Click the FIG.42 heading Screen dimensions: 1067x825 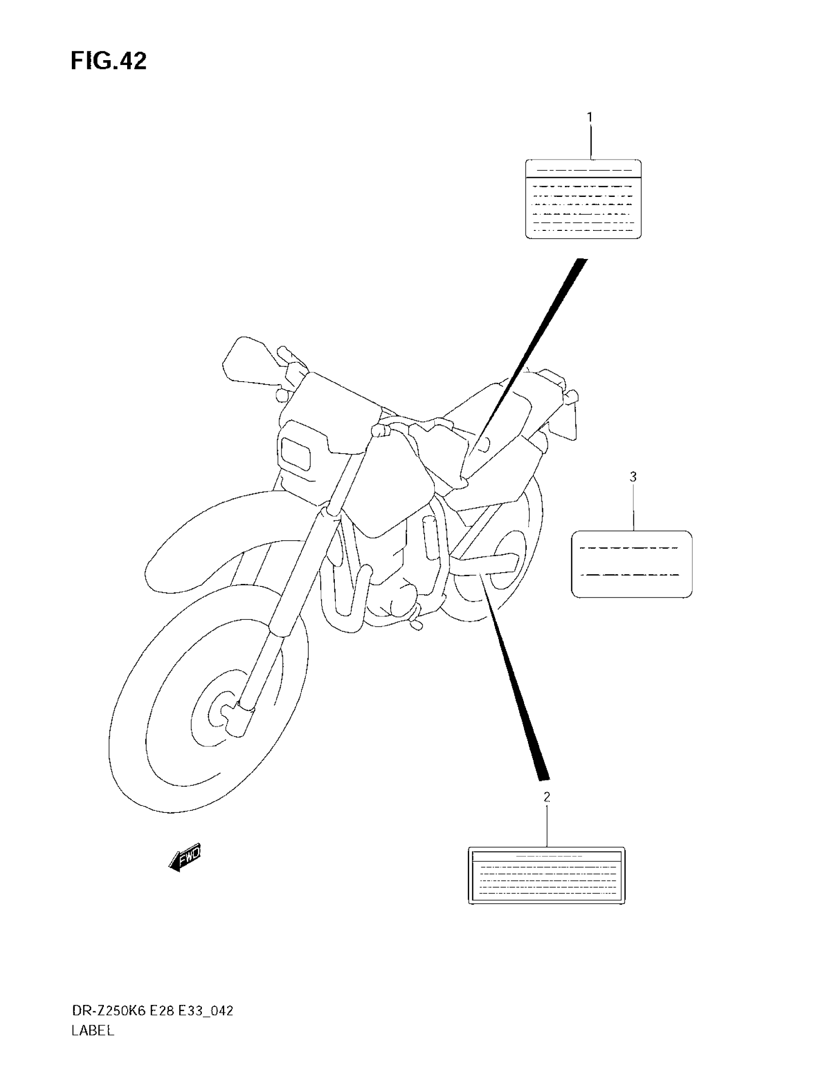pyautogui.click(x=109, y=62)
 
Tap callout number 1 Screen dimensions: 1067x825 pyautogui.click(x=590, y=117)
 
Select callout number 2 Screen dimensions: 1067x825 pyautogui.click(x=547, y=797)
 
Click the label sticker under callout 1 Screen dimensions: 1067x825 pyautogui.click(x=583, y=199)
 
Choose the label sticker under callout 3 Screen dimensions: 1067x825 pyautogui.click(x=631, y=564)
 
